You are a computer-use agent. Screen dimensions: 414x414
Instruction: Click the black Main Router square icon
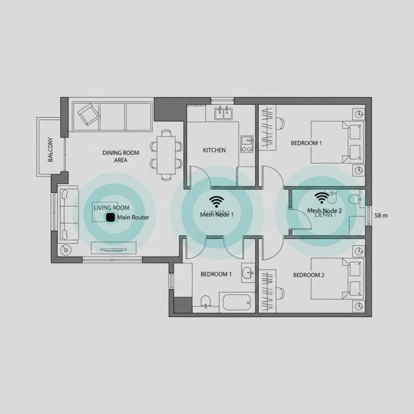click(109, 218)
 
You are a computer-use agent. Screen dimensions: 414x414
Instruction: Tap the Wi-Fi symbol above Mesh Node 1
click(217, 201)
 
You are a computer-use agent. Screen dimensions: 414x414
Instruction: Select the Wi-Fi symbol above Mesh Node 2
click(322, 197)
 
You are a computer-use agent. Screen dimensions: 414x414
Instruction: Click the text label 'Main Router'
click(133, 218)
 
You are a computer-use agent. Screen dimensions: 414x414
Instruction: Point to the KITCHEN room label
click(214, 150)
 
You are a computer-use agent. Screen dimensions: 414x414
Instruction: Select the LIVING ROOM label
click(112, 208)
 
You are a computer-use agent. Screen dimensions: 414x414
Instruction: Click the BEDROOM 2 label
click(308, 275)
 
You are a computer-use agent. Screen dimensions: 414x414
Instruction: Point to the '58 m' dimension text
click(381, 215)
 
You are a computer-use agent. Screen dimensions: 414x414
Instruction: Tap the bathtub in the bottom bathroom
click(237, 302)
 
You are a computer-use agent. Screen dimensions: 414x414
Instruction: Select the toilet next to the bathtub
click(206, 301)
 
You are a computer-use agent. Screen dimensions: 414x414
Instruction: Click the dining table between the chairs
click(166, 154)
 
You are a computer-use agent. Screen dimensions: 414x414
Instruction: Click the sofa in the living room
click(65, 214)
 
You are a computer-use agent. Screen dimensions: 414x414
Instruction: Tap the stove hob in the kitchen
click(246, 145)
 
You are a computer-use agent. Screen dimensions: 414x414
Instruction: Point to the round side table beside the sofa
click(65, 250)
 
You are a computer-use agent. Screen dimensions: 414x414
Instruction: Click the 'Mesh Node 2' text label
click(325, 211)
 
